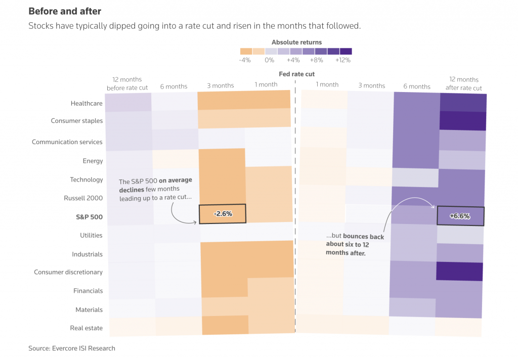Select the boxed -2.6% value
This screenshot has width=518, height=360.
223,214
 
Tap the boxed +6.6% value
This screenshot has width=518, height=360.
460,216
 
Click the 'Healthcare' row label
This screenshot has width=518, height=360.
87,104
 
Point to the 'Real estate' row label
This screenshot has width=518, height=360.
86,328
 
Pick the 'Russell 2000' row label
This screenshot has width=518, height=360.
83,198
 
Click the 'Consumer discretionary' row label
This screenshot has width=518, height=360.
68,272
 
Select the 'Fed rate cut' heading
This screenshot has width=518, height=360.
296,74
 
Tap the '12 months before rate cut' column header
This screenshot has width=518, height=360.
127,83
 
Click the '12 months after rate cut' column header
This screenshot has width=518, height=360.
463,83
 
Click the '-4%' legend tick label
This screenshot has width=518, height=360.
244,60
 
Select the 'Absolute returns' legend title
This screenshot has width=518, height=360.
296,42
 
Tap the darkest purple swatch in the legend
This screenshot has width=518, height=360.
346,51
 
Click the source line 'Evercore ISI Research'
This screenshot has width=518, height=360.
72,348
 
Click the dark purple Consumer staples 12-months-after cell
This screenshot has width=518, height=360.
463,121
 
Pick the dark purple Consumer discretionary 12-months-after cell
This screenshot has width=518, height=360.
459,271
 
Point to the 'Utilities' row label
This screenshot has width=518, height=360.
91,235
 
